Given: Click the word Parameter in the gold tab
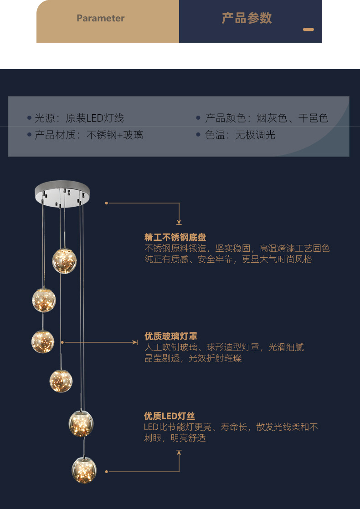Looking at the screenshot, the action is pos(100,19).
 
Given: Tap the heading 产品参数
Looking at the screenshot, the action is pos(247,18).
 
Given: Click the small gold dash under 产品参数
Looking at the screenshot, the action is pos(309,30).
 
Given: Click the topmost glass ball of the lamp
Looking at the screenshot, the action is pos(64,260).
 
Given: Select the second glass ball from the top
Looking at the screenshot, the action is pos(44,300).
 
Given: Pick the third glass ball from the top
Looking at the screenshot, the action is pos(43,341).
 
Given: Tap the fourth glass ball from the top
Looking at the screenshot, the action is pos(61,381).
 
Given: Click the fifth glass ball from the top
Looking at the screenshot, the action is pos(81,422).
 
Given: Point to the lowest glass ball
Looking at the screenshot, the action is pos(84,469).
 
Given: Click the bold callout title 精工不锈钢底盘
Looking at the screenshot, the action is pos(175,237).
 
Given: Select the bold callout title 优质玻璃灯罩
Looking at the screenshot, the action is pos(170,336).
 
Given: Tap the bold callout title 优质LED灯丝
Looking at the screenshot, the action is pos(169,416).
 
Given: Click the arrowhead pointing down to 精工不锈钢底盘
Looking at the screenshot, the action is pos(179,222).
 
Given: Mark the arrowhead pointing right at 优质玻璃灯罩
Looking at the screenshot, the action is pos(135,342).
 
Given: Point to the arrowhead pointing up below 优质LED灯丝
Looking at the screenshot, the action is pos(179,452).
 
